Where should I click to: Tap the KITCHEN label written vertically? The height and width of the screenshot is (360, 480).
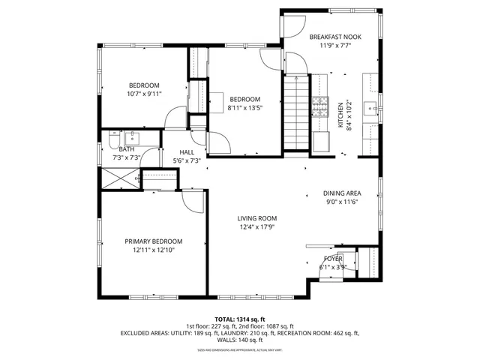[x=340, y=116]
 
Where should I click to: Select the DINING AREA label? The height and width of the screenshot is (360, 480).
[x=342, y=193]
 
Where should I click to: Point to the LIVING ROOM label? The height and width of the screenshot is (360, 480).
[x=257, y=218]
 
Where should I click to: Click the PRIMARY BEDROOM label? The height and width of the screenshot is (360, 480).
[x=154, y=241]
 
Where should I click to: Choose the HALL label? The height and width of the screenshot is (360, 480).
[x=187, y=152]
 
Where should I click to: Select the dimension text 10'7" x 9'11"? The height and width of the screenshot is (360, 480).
[x=144, y=94]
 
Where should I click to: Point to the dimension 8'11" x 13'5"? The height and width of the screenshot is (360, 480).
[x=244, y=109]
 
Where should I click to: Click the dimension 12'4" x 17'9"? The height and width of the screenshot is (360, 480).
[x=257, y=227]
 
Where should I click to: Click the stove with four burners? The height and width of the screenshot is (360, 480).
[x=321, y=106]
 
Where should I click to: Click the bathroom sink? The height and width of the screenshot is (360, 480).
[x=132, y=137]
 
